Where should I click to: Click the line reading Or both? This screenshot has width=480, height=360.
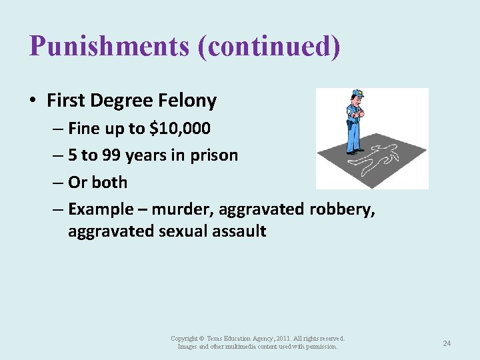point(97,182)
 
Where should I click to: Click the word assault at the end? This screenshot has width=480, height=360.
point(241,231)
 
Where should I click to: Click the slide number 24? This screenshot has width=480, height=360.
point(447,343)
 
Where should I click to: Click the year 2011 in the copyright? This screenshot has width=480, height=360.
point(279,339)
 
